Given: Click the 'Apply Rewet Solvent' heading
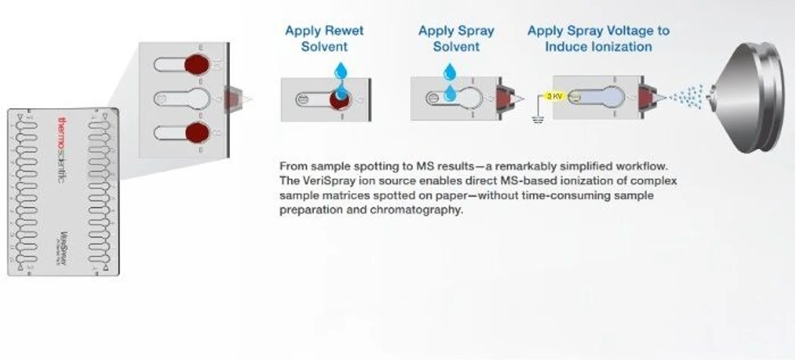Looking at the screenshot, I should point(324,39).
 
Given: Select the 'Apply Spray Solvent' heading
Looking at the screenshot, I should point(455,39).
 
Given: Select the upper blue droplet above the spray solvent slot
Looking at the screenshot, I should point(451,72).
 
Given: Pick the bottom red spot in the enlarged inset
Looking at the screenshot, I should point(197,134).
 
